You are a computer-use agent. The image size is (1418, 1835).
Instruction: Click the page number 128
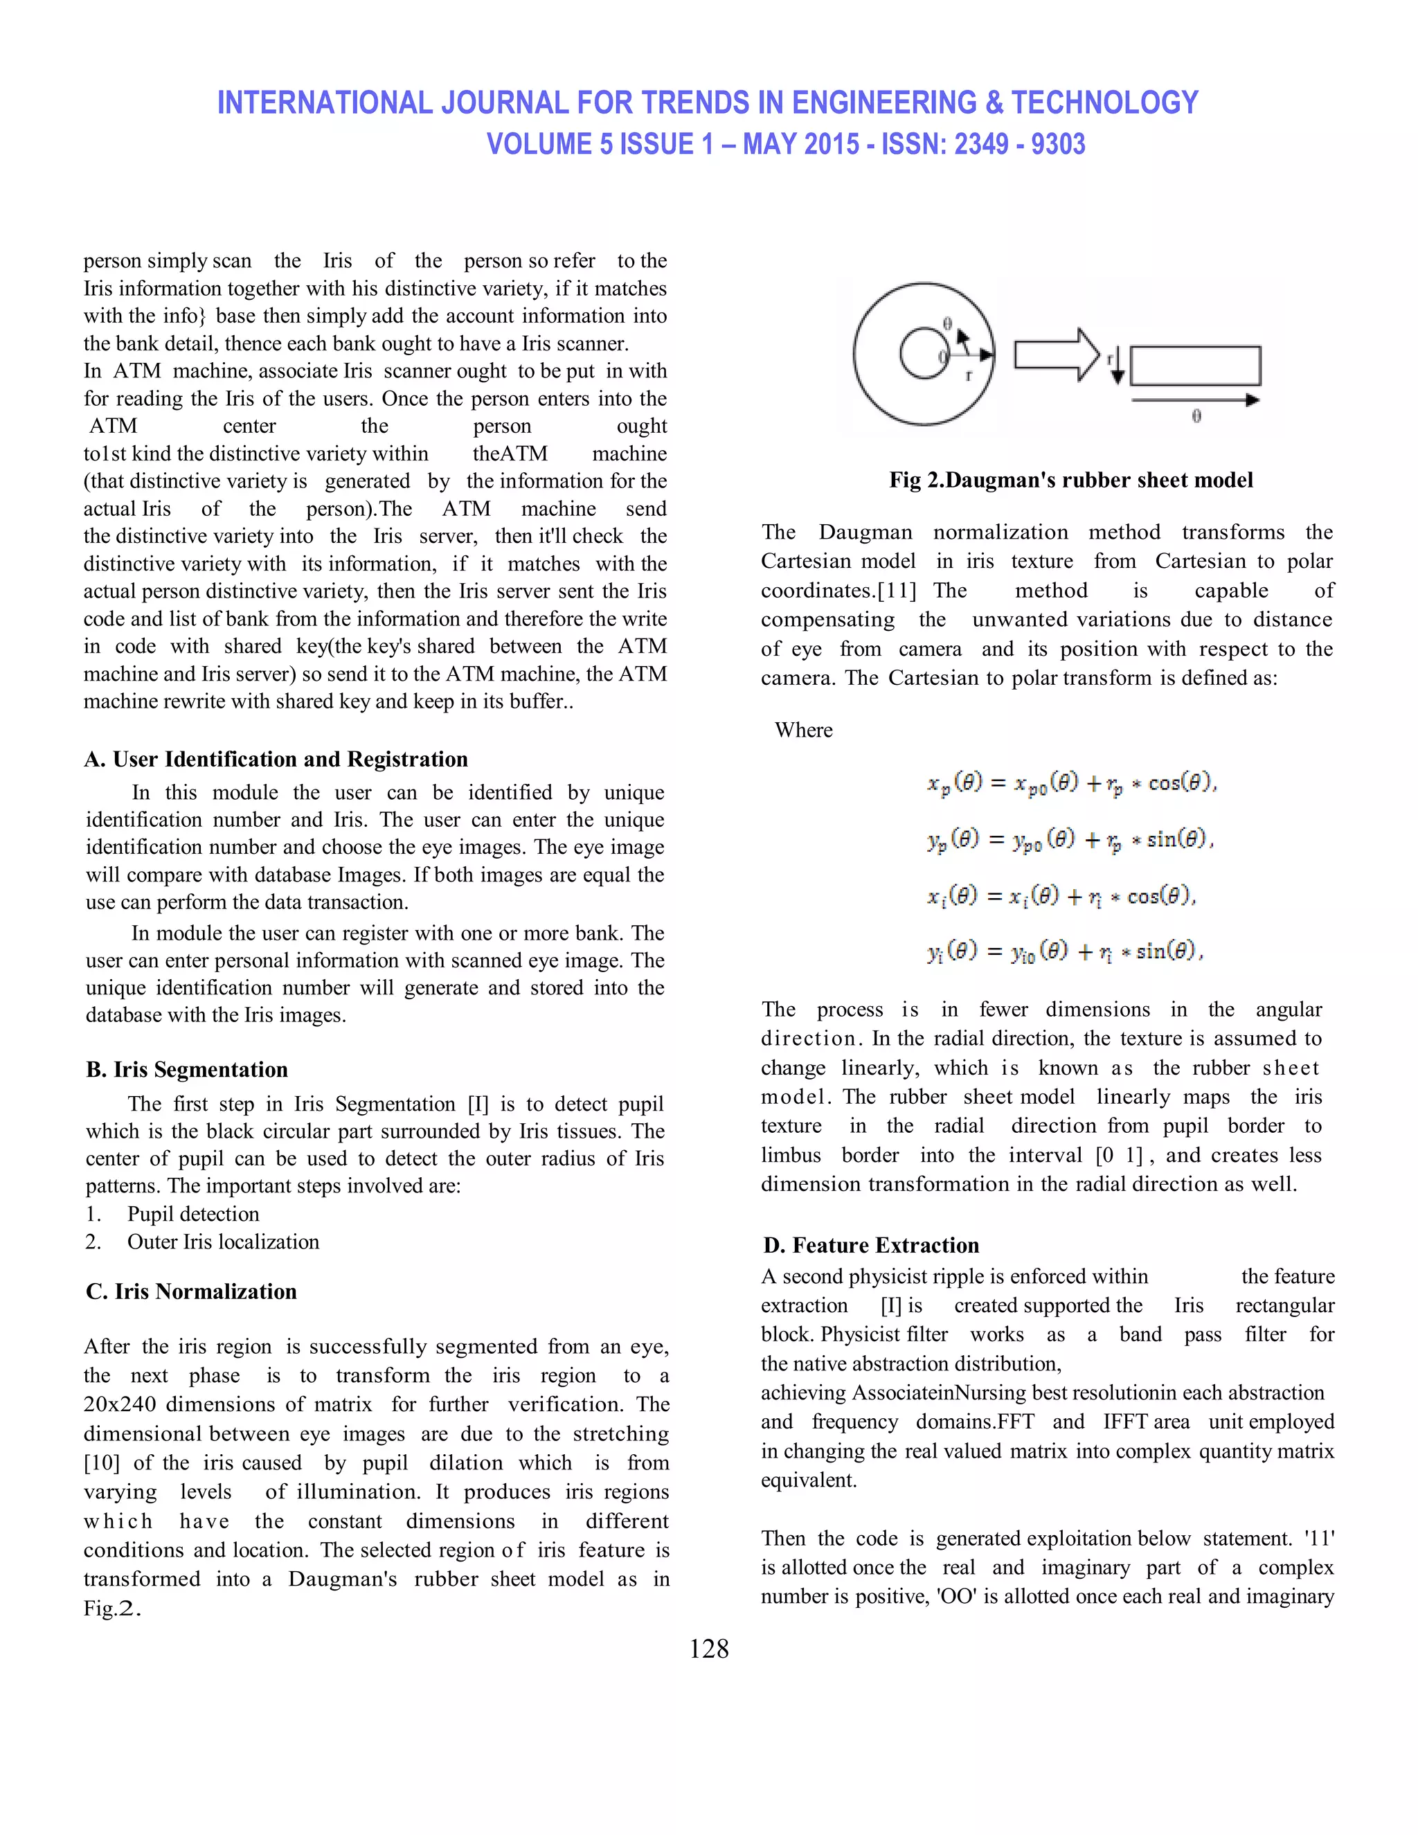pos(709,1649)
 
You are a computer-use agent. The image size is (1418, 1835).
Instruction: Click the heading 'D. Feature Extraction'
pos(871,1245)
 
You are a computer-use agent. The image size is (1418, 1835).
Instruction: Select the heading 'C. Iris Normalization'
pos(192,1291)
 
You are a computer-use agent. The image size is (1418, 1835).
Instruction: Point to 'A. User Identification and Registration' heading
pos(276,760)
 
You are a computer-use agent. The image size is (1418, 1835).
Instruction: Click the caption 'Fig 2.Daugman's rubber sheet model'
pos(1071,481)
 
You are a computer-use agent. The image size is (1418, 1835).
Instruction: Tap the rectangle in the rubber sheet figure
pos(1195,366)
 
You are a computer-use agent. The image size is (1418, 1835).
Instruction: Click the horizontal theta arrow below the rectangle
pos(1194,401)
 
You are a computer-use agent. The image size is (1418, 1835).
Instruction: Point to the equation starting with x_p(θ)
pos(1071,784)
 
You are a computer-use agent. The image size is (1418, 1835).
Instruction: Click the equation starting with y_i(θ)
pos(1064,952)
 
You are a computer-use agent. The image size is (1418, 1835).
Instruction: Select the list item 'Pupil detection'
pos(193,1214)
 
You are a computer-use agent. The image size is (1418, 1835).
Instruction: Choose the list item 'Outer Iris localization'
pos(223,1242)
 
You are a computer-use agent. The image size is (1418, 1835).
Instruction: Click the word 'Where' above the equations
pos(804,730)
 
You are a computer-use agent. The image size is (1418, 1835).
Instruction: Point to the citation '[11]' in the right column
pos(897,591)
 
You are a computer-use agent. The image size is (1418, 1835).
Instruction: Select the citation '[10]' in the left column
pos(102,1462)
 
